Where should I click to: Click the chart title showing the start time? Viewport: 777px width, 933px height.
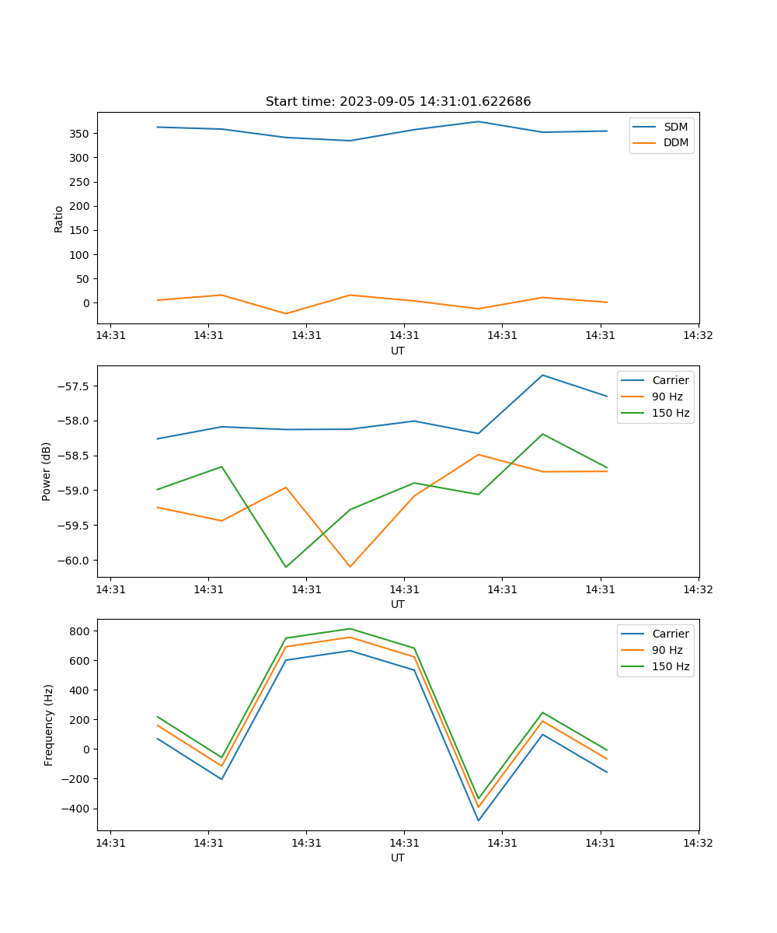click(398, 102)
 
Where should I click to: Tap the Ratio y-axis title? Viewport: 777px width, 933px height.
click(59, 218)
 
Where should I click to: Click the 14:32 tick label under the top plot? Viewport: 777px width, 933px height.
click(698, 336)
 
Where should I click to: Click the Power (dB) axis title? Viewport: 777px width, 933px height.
click(47, 471)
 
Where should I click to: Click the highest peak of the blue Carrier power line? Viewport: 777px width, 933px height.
click(542, 376)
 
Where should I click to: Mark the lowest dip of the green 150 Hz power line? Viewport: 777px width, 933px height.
click(286, 567)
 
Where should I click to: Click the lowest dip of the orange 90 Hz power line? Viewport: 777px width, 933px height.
click(350, 567)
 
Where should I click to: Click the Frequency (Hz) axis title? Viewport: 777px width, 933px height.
click(49, 725)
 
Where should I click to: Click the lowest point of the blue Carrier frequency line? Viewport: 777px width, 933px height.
click(478, 820)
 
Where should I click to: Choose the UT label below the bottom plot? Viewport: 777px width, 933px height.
click(398, 858)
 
